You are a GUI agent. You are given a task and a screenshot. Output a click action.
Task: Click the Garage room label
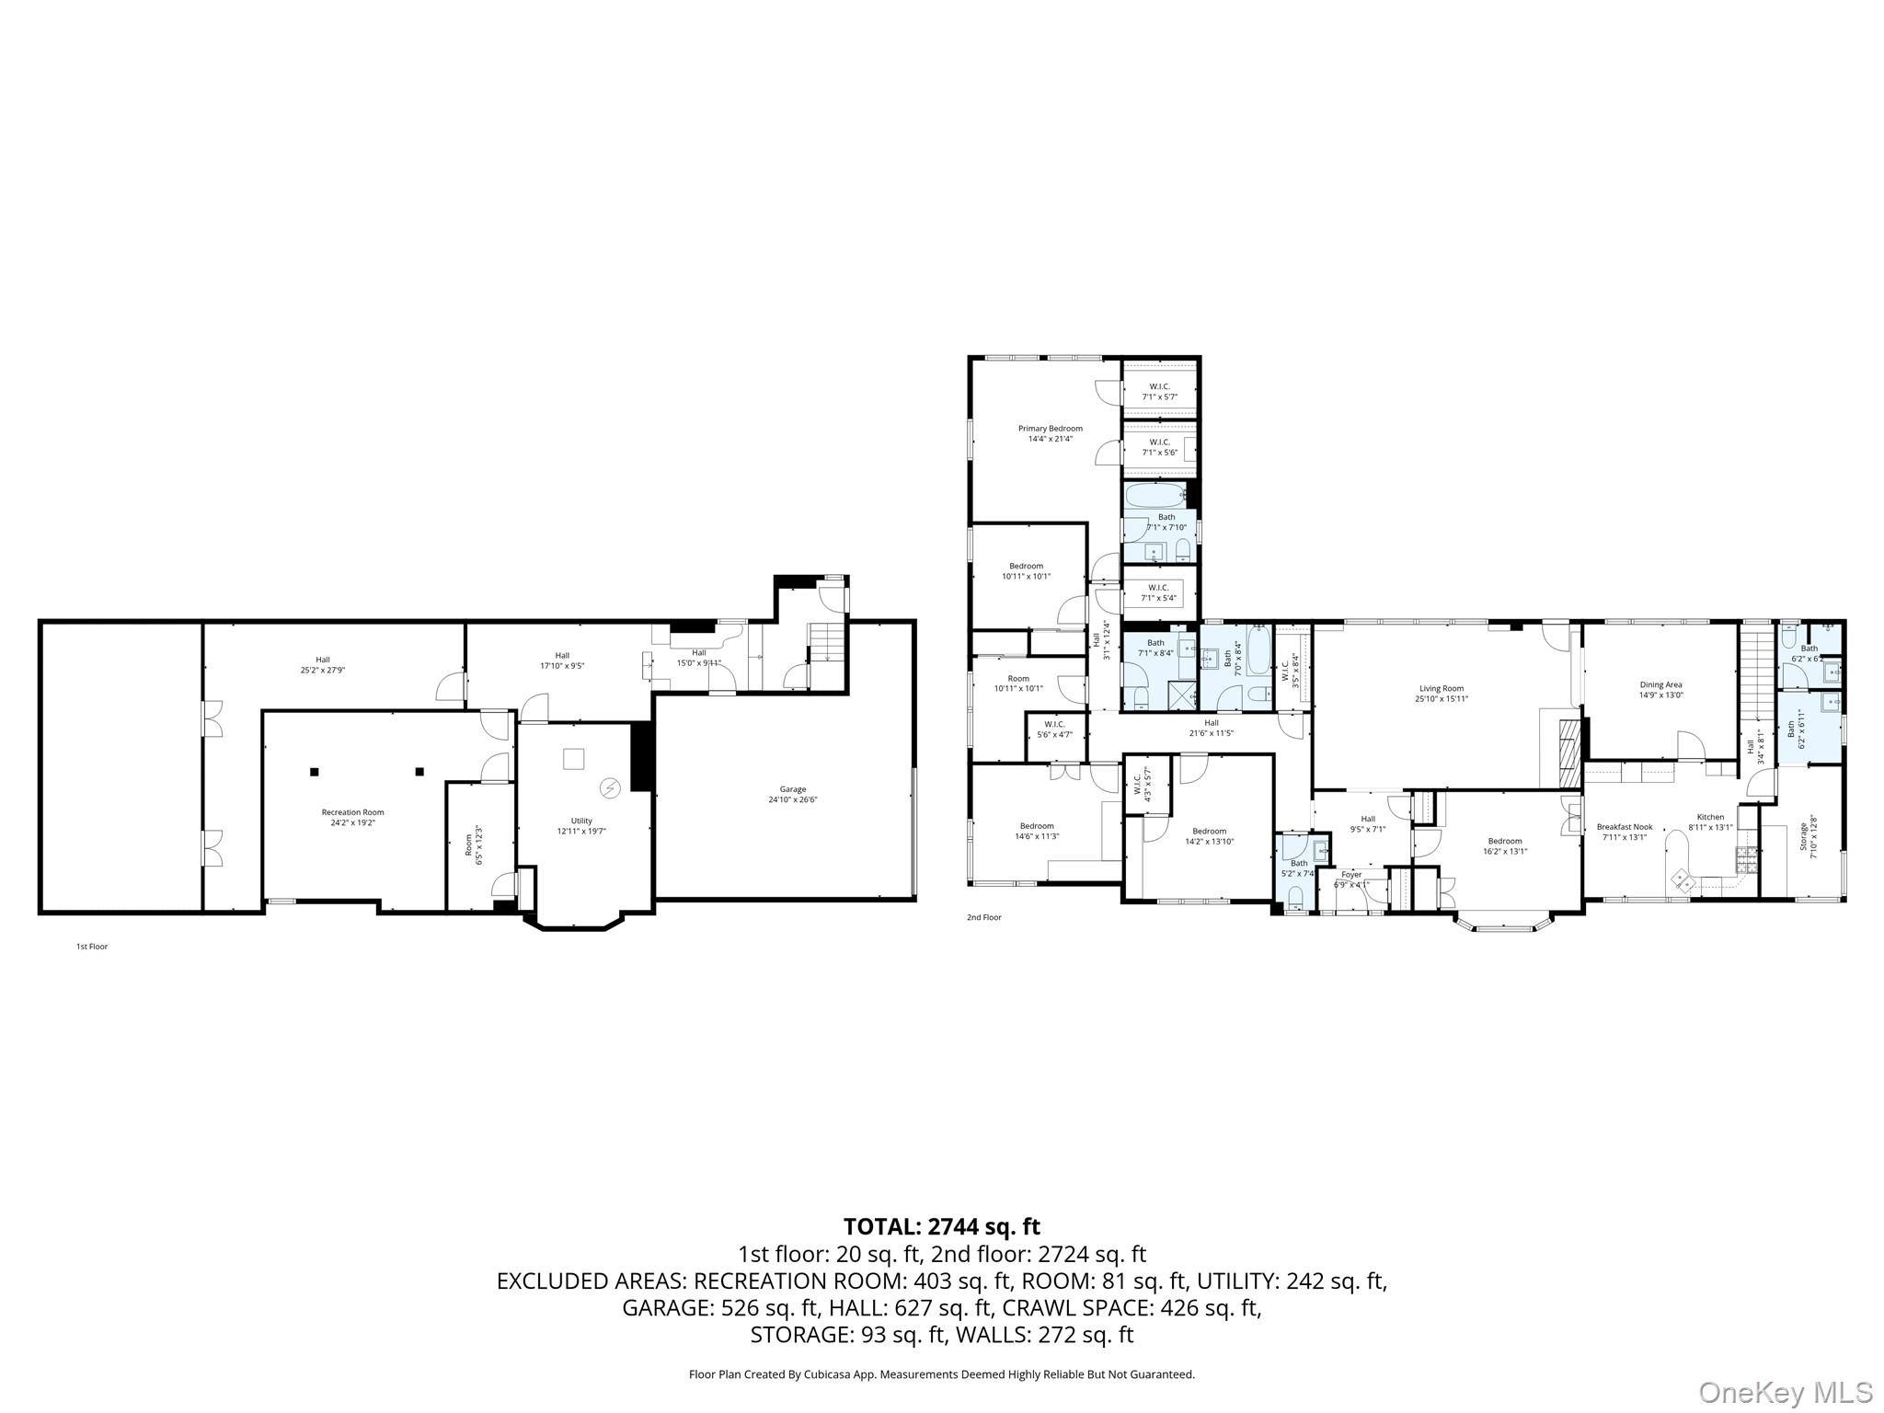792,795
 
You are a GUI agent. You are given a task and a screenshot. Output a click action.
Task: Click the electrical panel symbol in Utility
609,787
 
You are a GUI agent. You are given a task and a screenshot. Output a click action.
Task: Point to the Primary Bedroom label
1050,433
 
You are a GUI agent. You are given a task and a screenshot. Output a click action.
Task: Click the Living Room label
1441,694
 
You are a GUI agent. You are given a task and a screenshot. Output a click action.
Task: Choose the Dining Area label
1660,690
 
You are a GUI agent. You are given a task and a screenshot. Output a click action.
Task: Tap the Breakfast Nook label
1625,832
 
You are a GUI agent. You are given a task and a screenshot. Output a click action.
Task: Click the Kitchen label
1710,821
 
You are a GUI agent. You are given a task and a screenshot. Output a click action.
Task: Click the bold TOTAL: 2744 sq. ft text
941,1226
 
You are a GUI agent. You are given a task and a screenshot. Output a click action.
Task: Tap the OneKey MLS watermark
1785,1392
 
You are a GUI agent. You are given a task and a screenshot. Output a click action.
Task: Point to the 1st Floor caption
92,947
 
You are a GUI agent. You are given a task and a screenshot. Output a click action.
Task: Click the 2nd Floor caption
983,917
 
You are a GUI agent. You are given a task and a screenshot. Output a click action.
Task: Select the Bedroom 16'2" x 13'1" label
1505,845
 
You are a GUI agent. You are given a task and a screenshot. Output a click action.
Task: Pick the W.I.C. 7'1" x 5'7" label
1159,391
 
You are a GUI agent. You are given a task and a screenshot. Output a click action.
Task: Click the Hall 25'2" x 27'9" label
323,664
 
